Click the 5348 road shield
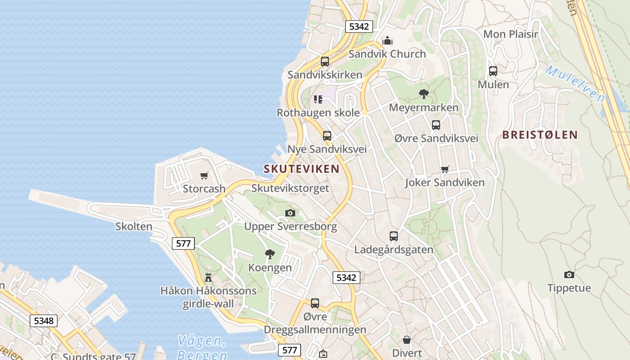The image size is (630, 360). tap(44, 321)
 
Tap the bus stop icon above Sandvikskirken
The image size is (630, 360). tap(325, 62)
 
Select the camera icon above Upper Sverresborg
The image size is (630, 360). tap(290, 213)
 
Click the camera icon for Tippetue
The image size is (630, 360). tap(569, 274)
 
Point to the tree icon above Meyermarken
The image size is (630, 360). tap(423, 94)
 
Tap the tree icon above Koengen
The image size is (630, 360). tap(270, 254)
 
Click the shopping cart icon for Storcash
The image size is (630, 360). tap(204, 175)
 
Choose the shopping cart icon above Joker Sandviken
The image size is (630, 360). tap(445, 169)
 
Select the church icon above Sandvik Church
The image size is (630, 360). tap(387, 41)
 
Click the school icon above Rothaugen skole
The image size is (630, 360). tap(318, 99)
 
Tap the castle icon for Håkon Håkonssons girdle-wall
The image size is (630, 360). tap(208, 277)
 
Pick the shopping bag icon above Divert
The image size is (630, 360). tap(407, 339)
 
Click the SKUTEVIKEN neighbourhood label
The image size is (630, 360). tap(301, 169)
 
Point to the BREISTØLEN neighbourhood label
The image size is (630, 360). tap(540, 135)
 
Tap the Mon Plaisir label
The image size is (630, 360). tap(511, 34)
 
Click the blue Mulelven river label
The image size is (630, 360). tap(575, 84)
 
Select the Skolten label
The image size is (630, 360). tap(134, 226)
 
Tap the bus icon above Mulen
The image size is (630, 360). tap(493, 71)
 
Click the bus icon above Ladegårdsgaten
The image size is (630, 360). tap(394, 236)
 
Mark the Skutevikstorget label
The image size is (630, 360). tap(290, 188)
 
